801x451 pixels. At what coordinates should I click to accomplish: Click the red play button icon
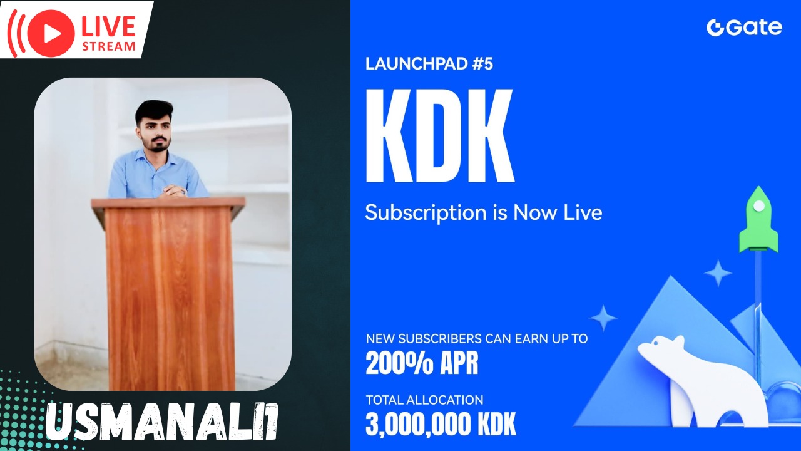pos(51,34)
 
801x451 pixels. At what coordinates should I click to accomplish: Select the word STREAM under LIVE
pos(109,46)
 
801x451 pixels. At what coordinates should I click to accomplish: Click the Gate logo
pos(744,28)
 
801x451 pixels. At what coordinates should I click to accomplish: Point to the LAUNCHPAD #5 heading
pos(429,64)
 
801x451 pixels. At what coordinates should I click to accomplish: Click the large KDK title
pos(440,136)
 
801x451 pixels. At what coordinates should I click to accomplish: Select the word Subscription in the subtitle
pos(426,213)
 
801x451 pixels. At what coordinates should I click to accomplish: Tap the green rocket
pos(758,219)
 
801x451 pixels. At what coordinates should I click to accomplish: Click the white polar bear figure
pos(703,380)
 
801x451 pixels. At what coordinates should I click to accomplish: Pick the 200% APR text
pos(422,363)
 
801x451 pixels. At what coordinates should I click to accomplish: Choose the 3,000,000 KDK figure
pos(441,425)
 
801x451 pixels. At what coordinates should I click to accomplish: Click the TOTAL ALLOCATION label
pos(424,400)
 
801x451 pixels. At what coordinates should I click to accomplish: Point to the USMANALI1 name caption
pos(161,422)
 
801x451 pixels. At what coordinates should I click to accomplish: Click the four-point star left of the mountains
pos(603,318)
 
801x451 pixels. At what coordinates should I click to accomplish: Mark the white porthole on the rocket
pos(759,206)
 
